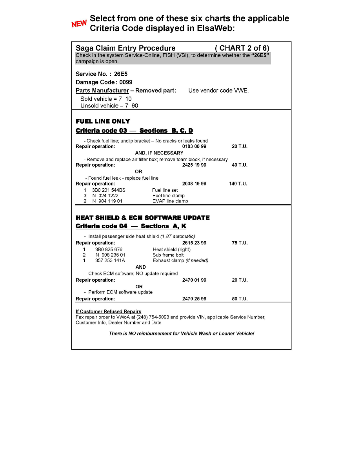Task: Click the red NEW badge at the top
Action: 79,24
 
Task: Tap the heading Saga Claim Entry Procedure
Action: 125,48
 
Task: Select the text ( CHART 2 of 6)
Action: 242,48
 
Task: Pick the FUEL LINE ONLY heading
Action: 103,121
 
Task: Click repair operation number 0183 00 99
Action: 194,147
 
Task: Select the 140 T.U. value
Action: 238,184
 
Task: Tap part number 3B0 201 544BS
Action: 109,190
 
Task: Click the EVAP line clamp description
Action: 170,201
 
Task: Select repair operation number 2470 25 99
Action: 194,299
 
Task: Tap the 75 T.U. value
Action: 240,243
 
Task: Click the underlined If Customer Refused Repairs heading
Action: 108,311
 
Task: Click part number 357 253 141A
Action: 110,260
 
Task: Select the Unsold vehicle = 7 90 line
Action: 109,106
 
